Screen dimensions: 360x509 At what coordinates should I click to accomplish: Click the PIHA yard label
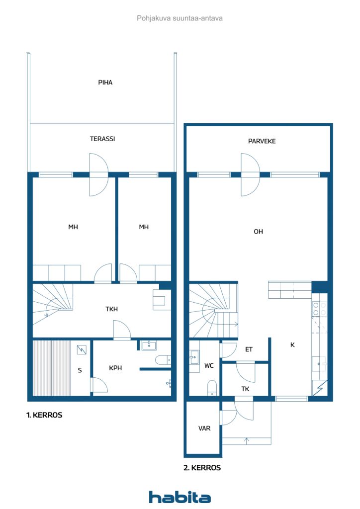pyautogui.click(x=105, y=83)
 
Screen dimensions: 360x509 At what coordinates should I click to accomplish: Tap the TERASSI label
pyautogui.click(x=102, y=139)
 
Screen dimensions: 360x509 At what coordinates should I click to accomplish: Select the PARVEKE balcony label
pyautogui.click(x=262, y=141)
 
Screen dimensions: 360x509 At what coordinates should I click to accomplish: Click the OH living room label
pyautogui.click(x=258, y=232)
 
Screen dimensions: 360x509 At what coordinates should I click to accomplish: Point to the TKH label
pyautogui.click(x=111, y=309)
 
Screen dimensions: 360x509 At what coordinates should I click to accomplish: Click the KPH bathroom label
pyautogui.click(x=115, y=368)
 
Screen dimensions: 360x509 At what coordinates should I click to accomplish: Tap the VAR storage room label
pyautogui.click(x=204, y=428)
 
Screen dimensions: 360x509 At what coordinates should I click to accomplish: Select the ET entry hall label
pyautogui.click(x=249, y=349)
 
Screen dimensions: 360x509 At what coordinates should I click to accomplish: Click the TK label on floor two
pyautogui.click(x=245, y=389)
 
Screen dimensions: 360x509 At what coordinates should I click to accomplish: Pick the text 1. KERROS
pyautogui.click(x=44, y=415)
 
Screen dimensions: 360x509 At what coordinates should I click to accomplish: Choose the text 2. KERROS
pyautogui.click(x=202, y=468)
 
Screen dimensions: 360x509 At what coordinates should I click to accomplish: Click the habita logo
pyautogui.click(x=180, y=497)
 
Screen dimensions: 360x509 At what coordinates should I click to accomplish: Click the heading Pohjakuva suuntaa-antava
pyautogui.click(x=180, y=18)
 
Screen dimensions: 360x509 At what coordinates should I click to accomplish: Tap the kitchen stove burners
pyautogui.click(x=319, y=309)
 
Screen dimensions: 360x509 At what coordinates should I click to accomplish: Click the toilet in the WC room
pyautogui.click(x=212, y=388)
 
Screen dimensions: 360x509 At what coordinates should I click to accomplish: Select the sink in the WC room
pyautogui.click(x=194, y=357)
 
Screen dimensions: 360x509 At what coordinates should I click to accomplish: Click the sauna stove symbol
pyautogui.click(x=82, y=349)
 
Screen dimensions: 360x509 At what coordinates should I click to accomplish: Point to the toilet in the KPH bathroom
pyautogui.click(x=163, y=360)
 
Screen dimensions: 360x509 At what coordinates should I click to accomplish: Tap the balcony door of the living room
pyautogui.click(x=250, y=174)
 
